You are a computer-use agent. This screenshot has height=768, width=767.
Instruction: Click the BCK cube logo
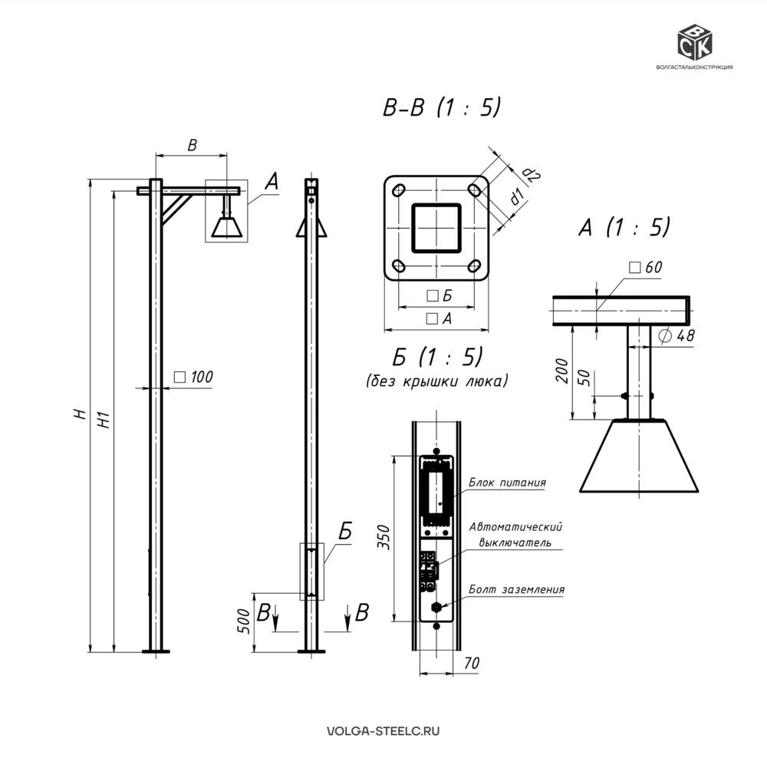coord(694,41)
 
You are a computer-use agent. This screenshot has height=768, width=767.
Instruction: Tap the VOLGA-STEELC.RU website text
coord(383,731)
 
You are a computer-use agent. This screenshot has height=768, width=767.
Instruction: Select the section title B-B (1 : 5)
coord(442,107)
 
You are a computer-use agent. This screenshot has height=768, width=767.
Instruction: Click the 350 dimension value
coord(384,537)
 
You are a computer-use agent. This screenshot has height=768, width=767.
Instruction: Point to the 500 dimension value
coord(244,621)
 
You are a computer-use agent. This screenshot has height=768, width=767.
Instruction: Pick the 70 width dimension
coord(471,663)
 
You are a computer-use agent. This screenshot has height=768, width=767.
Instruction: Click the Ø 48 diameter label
coord(677,335)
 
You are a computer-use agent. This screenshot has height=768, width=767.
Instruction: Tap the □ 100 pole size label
coord(193,377)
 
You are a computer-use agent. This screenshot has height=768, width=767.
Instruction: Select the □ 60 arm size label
coord(646,268)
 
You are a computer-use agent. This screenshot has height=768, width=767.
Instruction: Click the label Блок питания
coord(507,483)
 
